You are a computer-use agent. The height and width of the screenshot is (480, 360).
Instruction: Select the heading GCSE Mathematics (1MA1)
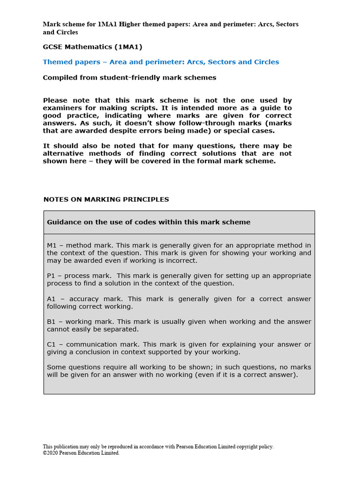click(x=92, y=47)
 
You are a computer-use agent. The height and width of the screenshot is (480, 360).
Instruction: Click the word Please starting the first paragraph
click(x=56, y=100)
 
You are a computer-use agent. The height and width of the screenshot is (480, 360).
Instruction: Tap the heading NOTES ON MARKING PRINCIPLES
click(x=106, y=199)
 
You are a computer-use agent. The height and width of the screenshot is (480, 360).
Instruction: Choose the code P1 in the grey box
click(x=52, y=276)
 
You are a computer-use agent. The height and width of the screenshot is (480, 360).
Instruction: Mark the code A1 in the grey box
click(x=52, y=299)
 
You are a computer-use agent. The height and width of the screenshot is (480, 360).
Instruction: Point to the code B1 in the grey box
click(x=52, y=322)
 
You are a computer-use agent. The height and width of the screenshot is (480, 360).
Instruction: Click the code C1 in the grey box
click(x=52, y=345)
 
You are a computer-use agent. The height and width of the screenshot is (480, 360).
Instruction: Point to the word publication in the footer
click(x=67, y=447)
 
